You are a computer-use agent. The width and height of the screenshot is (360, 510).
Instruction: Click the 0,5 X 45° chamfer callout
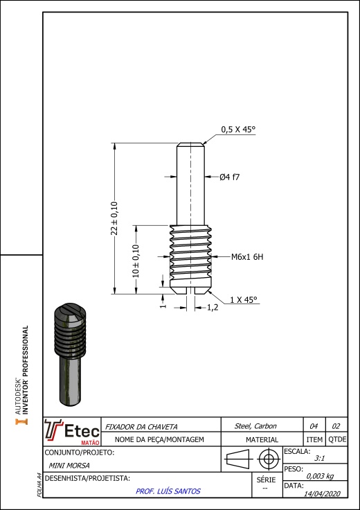click(x=238, y=130)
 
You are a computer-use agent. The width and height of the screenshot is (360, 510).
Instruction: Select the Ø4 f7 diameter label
click(x=229, y=177)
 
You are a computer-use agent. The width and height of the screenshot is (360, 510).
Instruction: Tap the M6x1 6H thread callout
click(x=247, y=257)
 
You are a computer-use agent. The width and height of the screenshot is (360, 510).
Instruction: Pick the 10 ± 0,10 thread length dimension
click(x=136, y=261)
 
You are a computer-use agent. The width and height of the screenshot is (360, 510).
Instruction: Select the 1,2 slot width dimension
click(x=213, y=308)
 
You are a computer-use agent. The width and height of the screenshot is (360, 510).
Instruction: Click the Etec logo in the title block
click(x=72, y=432)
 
